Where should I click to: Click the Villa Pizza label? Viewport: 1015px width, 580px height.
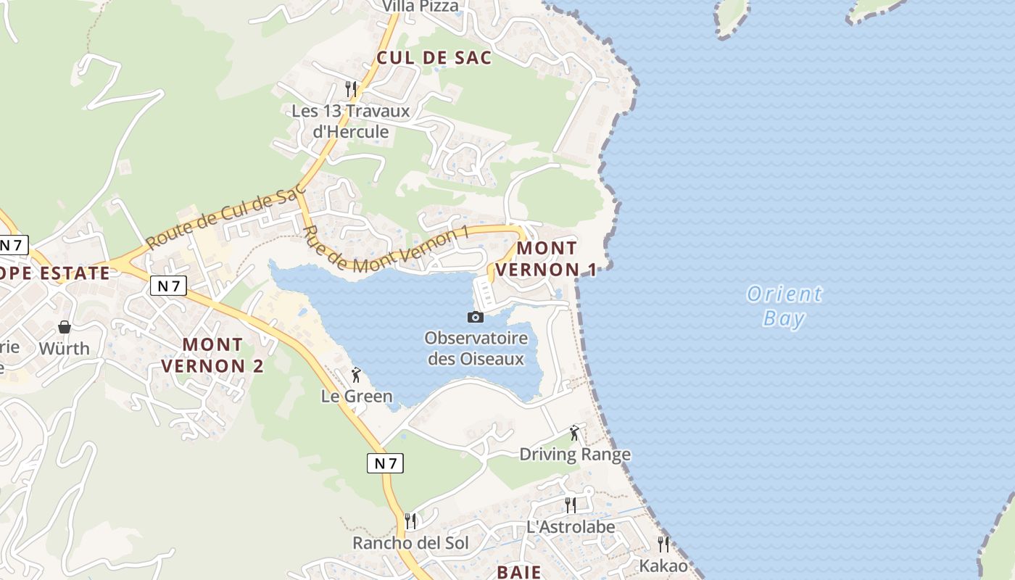pos(420,7)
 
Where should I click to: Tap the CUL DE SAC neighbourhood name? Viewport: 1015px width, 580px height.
pos(434,58)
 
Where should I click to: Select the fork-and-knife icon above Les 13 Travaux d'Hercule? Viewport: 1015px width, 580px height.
pos(351,89)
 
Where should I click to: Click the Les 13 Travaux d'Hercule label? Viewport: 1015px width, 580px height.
pos(351,122)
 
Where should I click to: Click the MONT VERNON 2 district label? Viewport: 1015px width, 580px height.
pos(212,355)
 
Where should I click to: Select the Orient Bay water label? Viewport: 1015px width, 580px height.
pos(784,306)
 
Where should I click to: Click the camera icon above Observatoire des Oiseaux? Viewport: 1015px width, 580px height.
pos(475,317)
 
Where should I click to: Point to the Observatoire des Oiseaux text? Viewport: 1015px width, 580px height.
pos(476,348)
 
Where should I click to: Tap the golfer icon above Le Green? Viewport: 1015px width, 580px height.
pos(356,375)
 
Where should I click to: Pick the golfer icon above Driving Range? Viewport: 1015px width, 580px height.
pos(575,433)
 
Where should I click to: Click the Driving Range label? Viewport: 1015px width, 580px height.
pos(575,455)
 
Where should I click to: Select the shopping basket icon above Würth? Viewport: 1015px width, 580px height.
pos(65,327)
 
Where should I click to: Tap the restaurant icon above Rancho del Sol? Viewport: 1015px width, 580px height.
pos(410,521)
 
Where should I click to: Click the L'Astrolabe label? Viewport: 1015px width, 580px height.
pos(571,527)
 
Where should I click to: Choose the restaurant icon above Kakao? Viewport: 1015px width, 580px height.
pos(663,544)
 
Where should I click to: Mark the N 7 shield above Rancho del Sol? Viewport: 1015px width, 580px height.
pos(385,463)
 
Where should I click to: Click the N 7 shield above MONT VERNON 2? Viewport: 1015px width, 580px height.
pos(168,286)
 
